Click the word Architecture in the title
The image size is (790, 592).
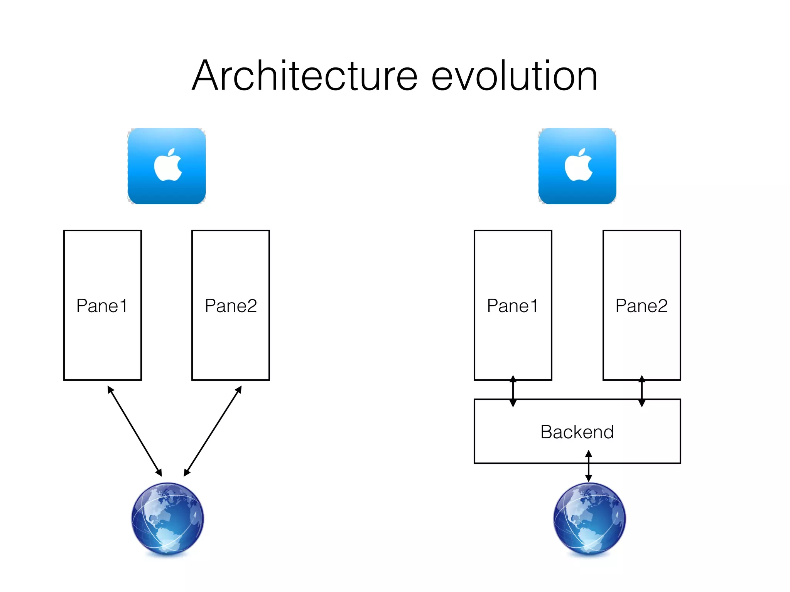(305, 76)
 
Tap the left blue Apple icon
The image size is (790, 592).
(167, 166)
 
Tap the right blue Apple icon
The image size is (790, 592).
(577, 166)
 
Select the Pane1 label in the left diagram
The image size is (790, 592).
(102, 306)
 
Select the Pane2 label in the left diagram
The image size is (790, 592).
(231, 306)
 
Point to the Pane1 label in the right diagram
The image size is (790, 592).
(512, 306)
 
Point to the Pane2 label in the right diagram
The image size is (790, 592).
(641, 306)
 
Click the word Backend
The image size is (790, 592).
(577, 432)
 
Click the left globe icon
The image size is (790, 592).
(167, 518)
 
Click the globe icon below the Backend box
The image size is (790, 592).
(589, 518)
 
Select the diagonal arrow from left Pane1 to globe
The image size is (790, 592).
(134, 431)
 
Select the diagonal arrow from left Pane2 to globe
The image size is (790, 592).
(213, 431)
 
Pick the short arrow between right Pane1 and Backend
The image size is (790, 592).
(513, 391)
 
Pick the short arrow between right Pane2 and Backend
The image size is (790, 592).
(642, 391)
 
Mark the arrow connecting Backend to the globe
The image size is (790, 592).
(589, 466)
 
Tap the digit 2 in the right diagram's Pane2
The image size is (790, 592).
(662, 306)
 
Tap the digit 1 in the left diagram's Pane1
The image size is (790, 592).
(123, 306)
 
